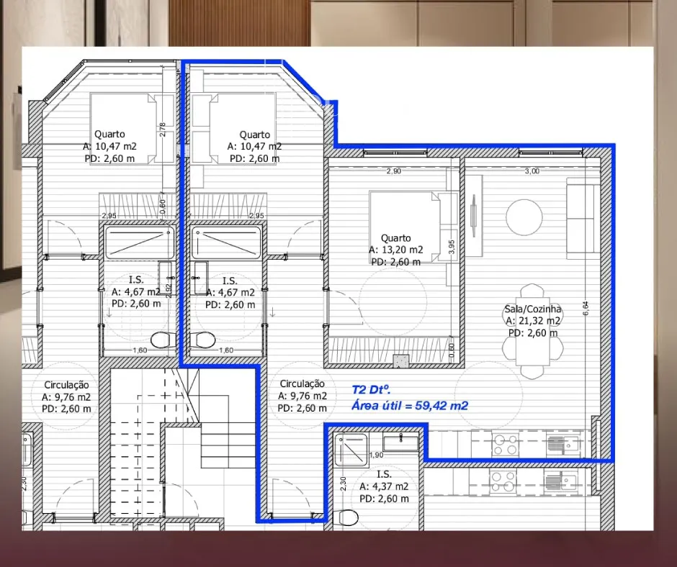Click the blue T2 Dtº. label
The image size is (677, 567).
pos(372,390)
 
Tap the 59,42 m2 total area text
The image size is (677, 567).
pos(441,406)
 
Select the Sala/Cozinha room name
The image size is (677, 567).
pos(533,309)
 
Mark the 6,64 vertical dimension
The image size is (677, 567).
pos(586,308)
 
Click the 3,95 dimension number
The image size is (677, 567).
pos(452,248)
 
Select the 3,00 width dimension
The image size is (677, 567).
pos(532,171)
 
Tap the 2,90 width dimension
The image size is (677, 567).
pos(394,171)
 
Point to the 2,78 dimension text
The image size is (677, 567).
pos(162,130)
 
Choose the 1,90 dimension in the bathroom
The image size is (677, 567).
pos(377,455)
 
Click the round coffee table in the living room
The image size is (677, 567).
pos(524,217)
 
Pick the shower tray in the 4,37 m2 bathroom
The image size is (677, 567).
pos(351,450)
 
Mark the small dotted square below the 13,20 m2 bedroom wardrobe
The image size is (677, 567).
pos(400,361)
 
